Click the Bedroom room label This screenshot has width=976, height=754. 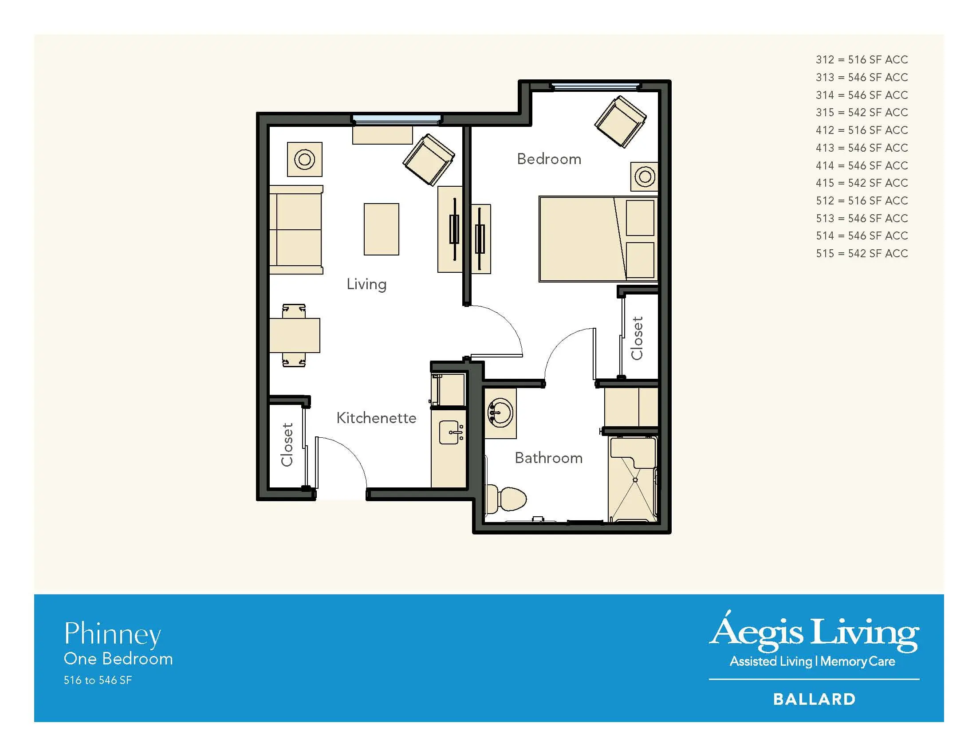pos(549,159)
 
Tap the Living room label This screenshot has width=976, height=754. pos(366,285)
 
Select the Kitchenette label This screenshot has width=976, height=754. pos(376,418)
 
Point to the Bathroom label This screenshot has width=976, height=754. pos(548,458)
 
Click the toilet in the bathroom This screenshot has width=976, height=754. pos(506,499)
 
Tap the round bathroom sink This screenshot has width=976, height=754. pos(500,413)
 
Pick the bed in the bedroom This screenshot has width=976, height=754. pos(598,239)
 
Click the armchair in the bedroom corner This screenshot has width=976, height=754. pos(620,122)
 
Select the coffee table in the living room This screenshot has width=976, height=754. pos(381,229)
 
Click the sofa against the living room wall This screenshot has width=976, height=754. pos(296,230)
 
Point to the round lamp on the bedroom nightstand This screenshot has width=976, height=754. pos(645,177)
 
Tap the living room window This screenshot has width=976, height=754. pos(396,120)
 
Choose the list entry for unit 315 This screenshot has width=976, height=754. pos(862,113)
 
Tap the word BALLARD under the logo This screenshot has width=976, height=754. pos(814,699)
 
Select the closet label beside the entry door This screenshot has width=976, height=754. pos(287,444)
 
